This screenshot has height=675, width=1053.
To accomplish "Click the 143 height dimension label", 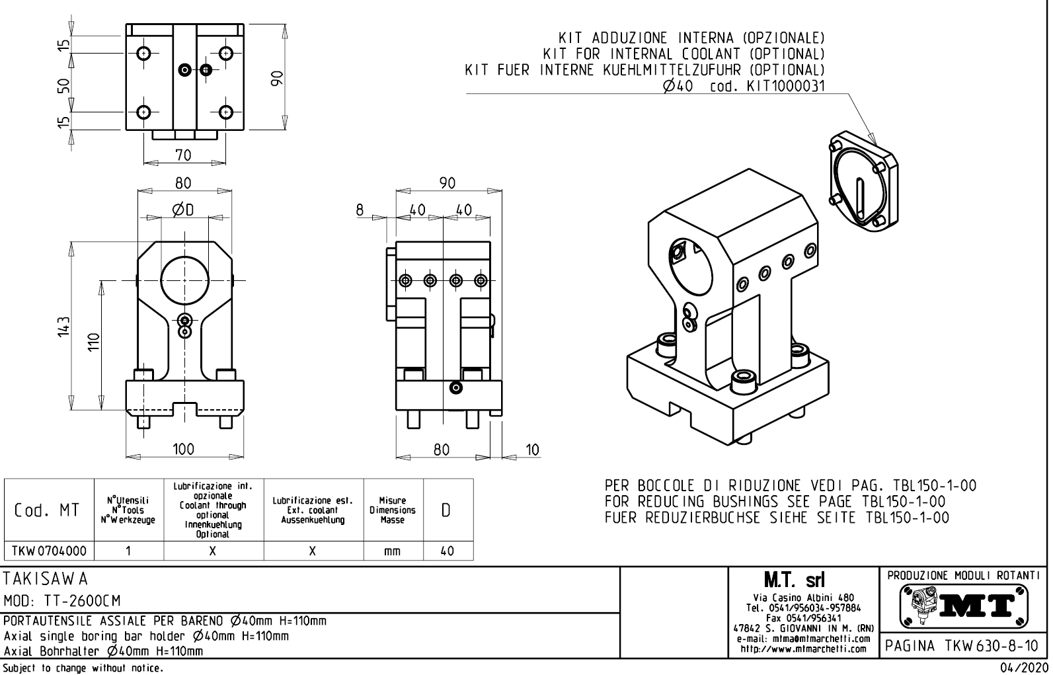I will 63,326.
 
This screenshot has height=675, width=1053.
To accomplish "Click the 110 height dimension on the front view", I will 94,341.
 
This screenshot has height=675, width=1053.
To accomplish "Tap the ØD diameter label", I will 184,210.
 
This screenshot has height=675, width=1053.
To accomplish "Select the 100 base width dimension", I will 183,450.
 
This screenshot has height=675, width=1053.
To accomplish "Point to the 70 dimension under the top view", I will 183,155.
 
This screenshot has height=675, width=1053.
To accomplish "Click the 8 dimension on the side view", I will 360,210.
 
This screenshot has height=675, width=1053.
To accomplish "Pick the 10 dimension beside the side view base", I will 532,450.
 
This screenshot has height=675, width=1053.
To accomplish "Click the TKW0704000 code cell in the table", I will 50,551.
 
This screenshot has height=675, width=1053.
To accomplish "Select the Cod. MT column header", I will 49,510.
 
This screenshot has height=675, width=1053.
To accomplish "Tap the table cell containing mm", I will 393,551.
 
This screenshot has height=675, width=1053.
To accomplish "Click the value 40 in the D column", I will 448,551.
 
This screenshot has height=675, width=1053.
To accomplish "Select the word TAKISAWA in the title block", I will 46,578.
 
